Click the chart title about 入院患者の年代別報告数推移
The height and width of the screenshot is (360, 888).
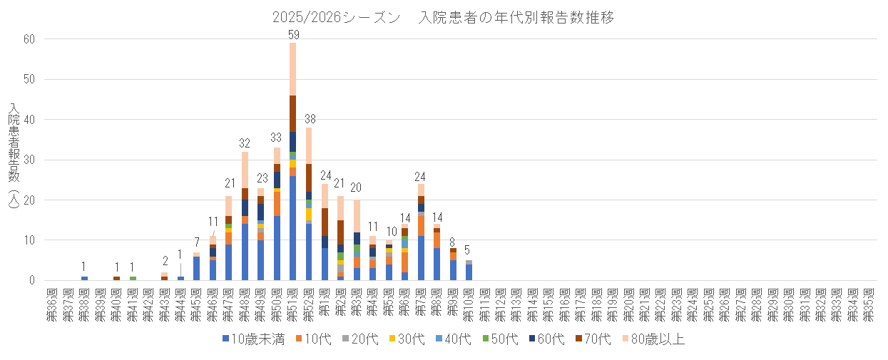443,18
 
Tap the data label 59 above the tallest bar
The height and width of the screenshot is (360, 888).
293,34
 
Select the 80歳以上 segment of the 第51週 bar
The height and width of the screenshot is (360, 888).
293,68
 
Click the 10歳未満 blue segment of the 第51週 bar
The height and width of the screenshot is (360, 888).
293,228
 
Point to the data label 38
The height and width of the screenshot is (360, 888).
310,119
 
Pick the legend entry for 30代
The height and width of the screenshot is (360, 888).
409,339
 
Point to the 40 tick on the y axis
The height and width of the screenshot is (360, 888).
29,120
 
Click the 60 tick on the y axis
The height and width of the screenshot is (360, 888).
29,39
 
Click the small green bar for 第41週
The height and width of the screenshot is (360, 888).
133,278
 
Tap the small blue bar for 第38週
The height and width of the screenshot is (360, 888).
84,278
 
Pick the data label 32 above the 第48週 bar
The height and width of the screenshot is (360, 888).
245,143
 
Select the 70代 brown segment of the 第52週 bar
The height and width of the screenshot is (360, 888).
310,178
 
